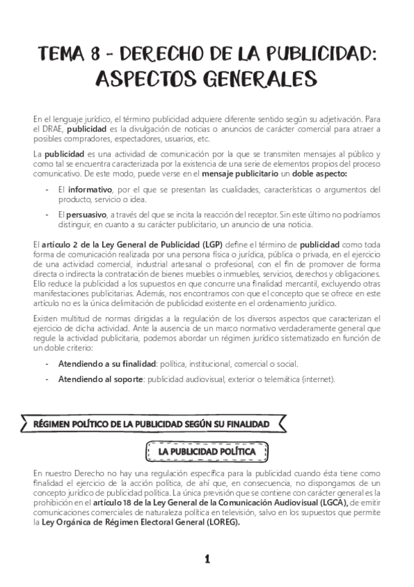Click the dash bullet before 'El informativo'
(x=46, y=190)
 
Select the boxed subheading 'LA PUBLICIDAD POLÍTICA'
(x=207, y=451)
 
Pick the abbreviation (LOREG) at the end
(x=220, y=523)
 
